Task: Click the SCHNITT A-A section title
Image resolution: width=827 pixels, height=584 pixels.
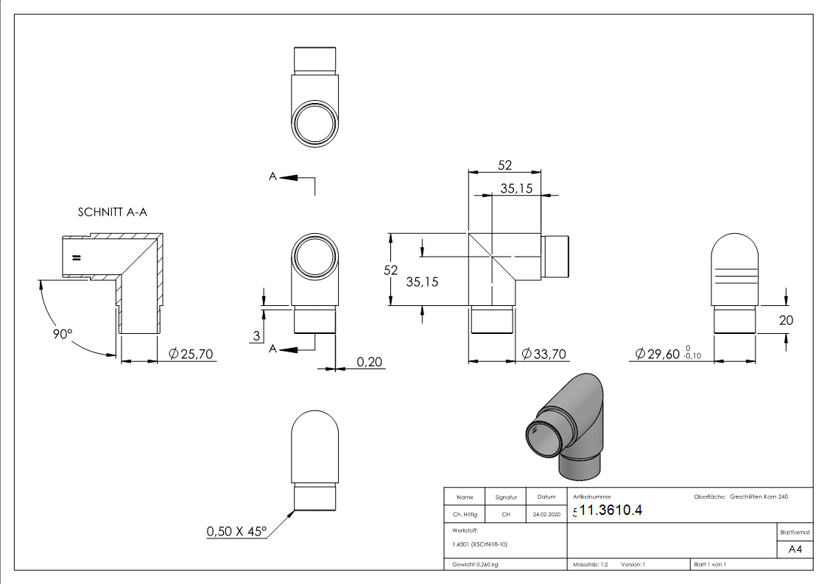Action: click(113, 213)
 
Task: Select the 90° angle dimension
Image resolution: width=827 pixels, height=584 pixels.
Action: click(63, 334)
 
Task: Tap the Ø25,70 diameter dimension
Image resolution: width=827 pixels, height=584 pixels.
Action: click(191, 354)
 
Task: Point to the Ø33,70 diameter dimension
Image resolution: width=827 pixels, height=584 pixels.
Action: click(543, 354)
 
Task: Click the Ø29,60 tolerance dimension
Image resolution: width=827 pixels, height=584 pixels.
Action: click(668, 353)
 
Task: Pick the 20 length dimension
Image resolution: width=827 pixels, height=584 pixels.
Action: click(786, 320)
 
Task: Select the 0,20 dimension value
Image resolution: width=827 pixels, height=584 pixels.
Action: click(369, 362)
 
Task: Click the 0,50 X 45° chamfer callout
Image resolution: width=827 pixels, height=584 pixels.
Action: click(236, 531)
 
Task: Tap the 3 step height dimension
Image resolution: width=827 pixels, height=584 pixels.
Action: click(256, 336)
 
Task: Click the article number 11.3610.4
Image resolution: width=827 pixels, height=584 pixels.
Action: click(610, 510)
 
